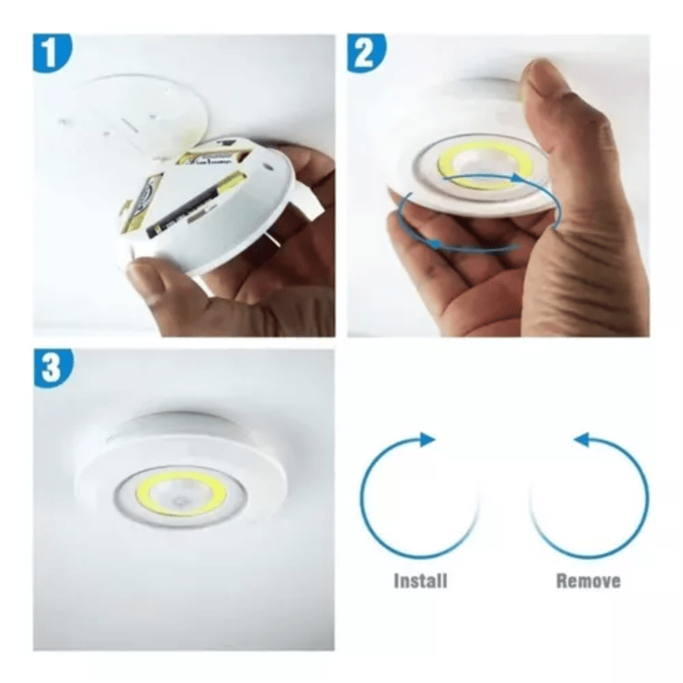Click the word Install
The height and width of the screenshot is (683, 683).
click(x=420, y=581)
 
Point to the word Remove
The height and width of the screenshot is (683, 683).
click(x=588, y=581)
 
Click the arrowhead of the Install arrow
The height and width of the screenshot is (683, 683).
click(x=428, y=439)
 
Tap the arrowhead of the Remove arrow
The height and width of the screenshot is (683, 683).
click(x=581, y=439)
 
